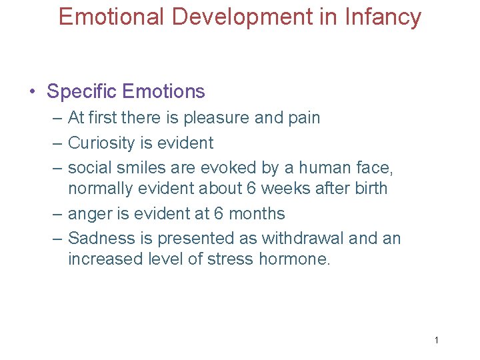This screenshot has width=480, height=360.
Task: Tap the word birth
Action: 368,189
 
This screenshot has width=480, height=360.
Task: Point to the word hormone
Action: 294,259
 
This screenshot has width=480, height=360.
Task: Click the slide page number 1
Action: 436,341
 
